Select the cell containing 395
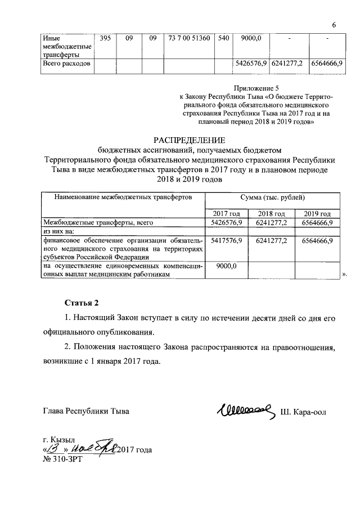(105, 38)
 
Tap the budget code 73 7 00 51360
(188, 38)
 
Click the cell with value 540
(223, 38)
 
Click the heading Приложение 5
(255, 88)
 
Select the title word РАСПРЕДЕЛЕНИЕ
(188, 139)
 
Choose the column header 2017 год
(226, 214)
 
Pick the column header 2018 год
(271, 214)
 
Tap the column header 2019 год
(317, 214)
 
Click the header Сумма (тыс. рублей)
(272, 197)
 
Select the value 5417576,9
(226, 241)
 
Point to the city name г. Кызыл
(59, 439)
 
